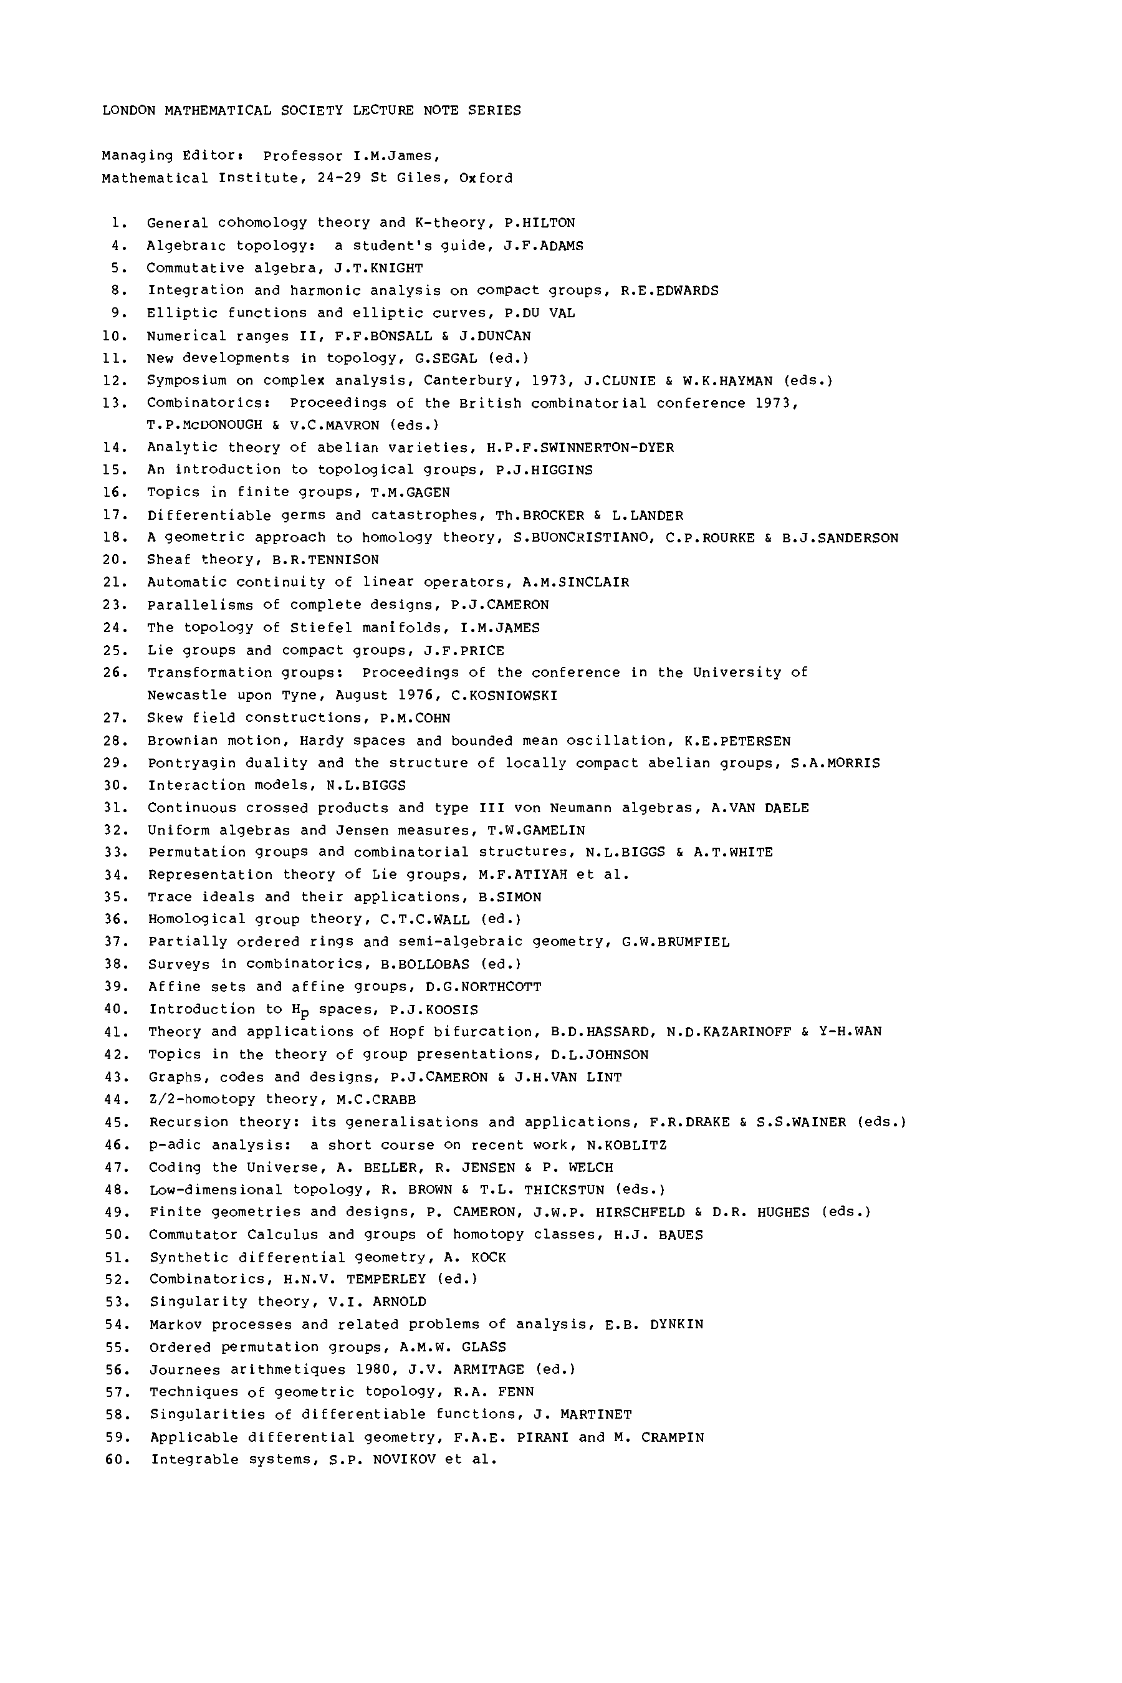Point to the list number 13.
coord(115,403)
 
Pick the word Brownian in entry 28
coord(179,741)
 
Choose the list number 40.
coord(115,1010)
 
